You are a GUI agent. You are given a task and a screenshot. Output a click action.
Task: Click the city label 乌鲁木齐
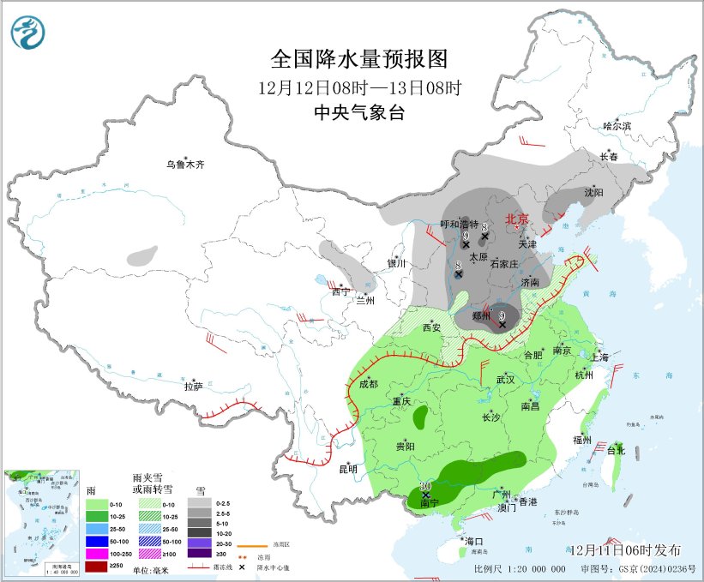click(x=186, y=164)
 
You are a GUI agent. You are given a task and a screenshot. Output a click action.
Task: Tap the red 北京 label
click(x=518, y=219)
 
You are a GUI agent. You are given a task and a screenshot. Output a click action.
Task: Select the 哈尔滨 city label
click(x=616, y=126)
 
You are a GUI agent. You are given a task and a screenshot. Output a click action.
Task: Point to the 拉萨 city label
click(x=193, y=387)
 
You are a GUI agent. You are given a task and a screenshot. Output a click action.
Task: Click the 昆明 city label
click(x=346, y=469)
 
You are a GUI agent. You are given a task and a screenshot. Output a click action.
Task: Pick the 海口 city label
click(x=474, y=542)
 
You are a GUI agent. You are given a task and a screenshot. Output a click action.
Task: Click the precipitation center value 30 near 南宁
click(x=424, y=486)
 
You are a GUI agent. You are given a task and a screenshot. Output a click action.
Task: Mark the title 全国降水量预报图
click(x=359, y=59)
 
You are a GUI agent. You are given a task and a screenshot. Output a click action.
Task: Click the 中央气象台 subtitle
click(x=358, y=111)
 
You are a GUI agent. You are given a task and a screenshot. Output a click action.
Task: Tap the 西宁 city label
click(x=340, y=291)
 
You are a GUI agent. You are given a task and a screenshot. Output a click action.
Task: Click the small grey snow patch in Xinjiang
click(x=142, y=255)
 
